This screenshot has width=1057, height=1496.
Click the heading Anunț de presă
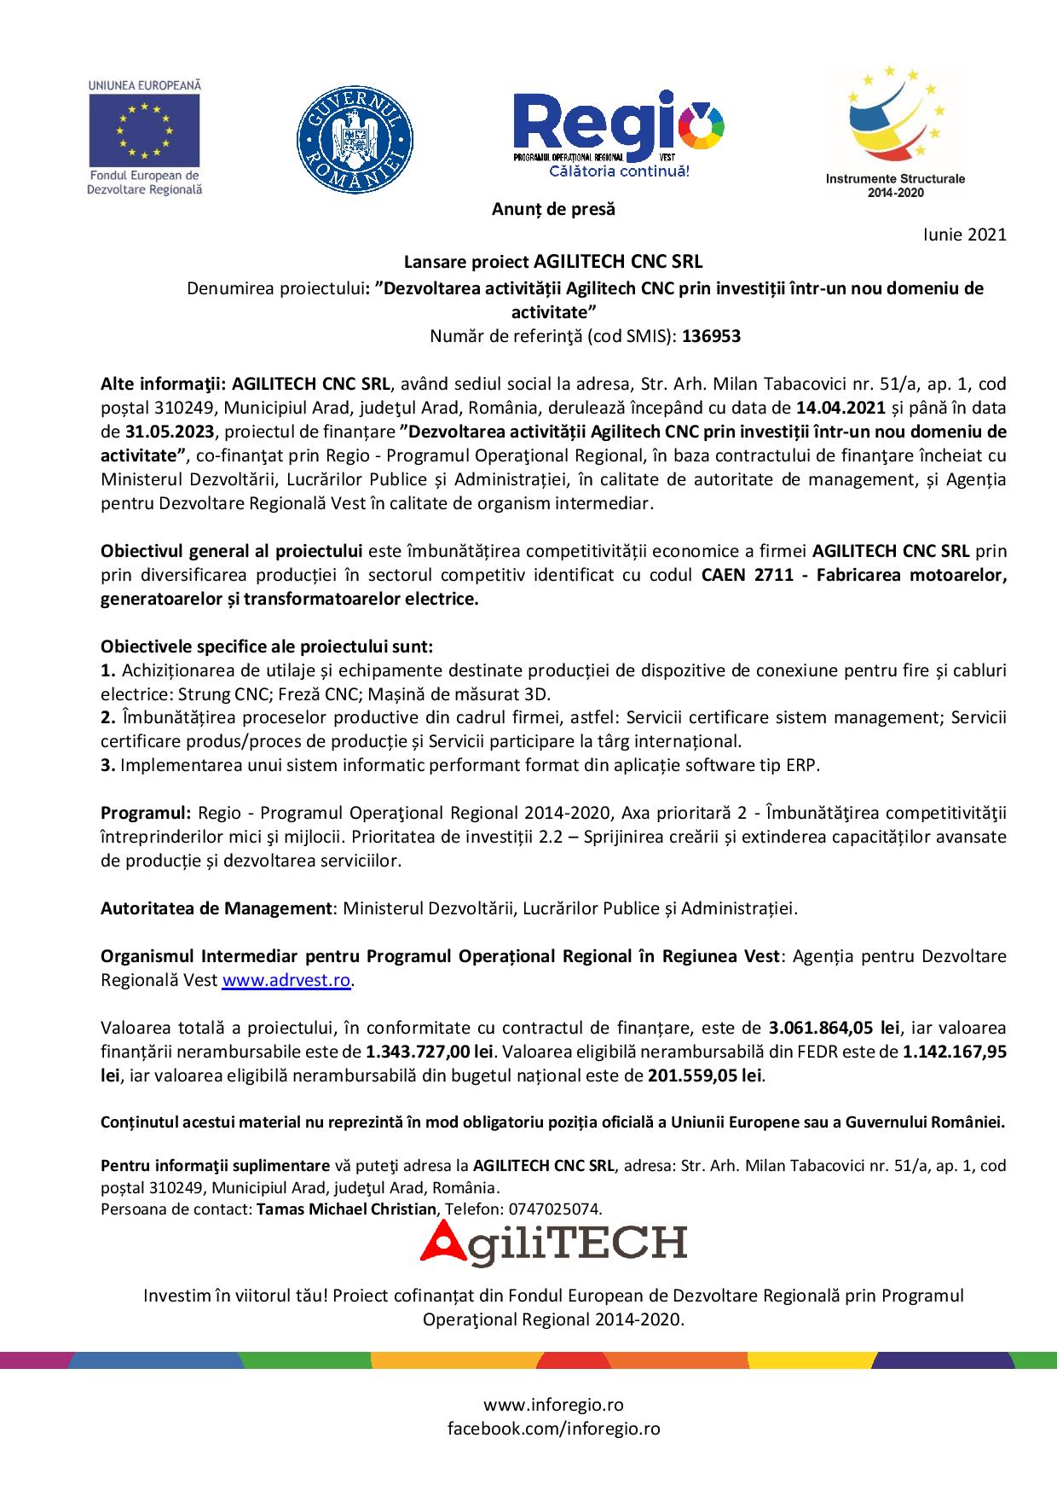point(553,209)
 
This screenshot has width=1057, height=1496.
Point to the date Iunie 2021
point(964,235)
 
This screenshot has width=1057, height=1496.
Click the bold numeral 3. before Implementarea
point(107,765)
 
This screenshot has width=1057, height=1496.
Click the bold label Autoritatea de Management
point(216,908)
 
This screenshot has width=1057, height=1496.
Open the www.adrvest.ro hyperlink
point(286,980)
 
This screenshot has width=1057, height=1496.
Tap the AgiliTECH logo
point(553,1243)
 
